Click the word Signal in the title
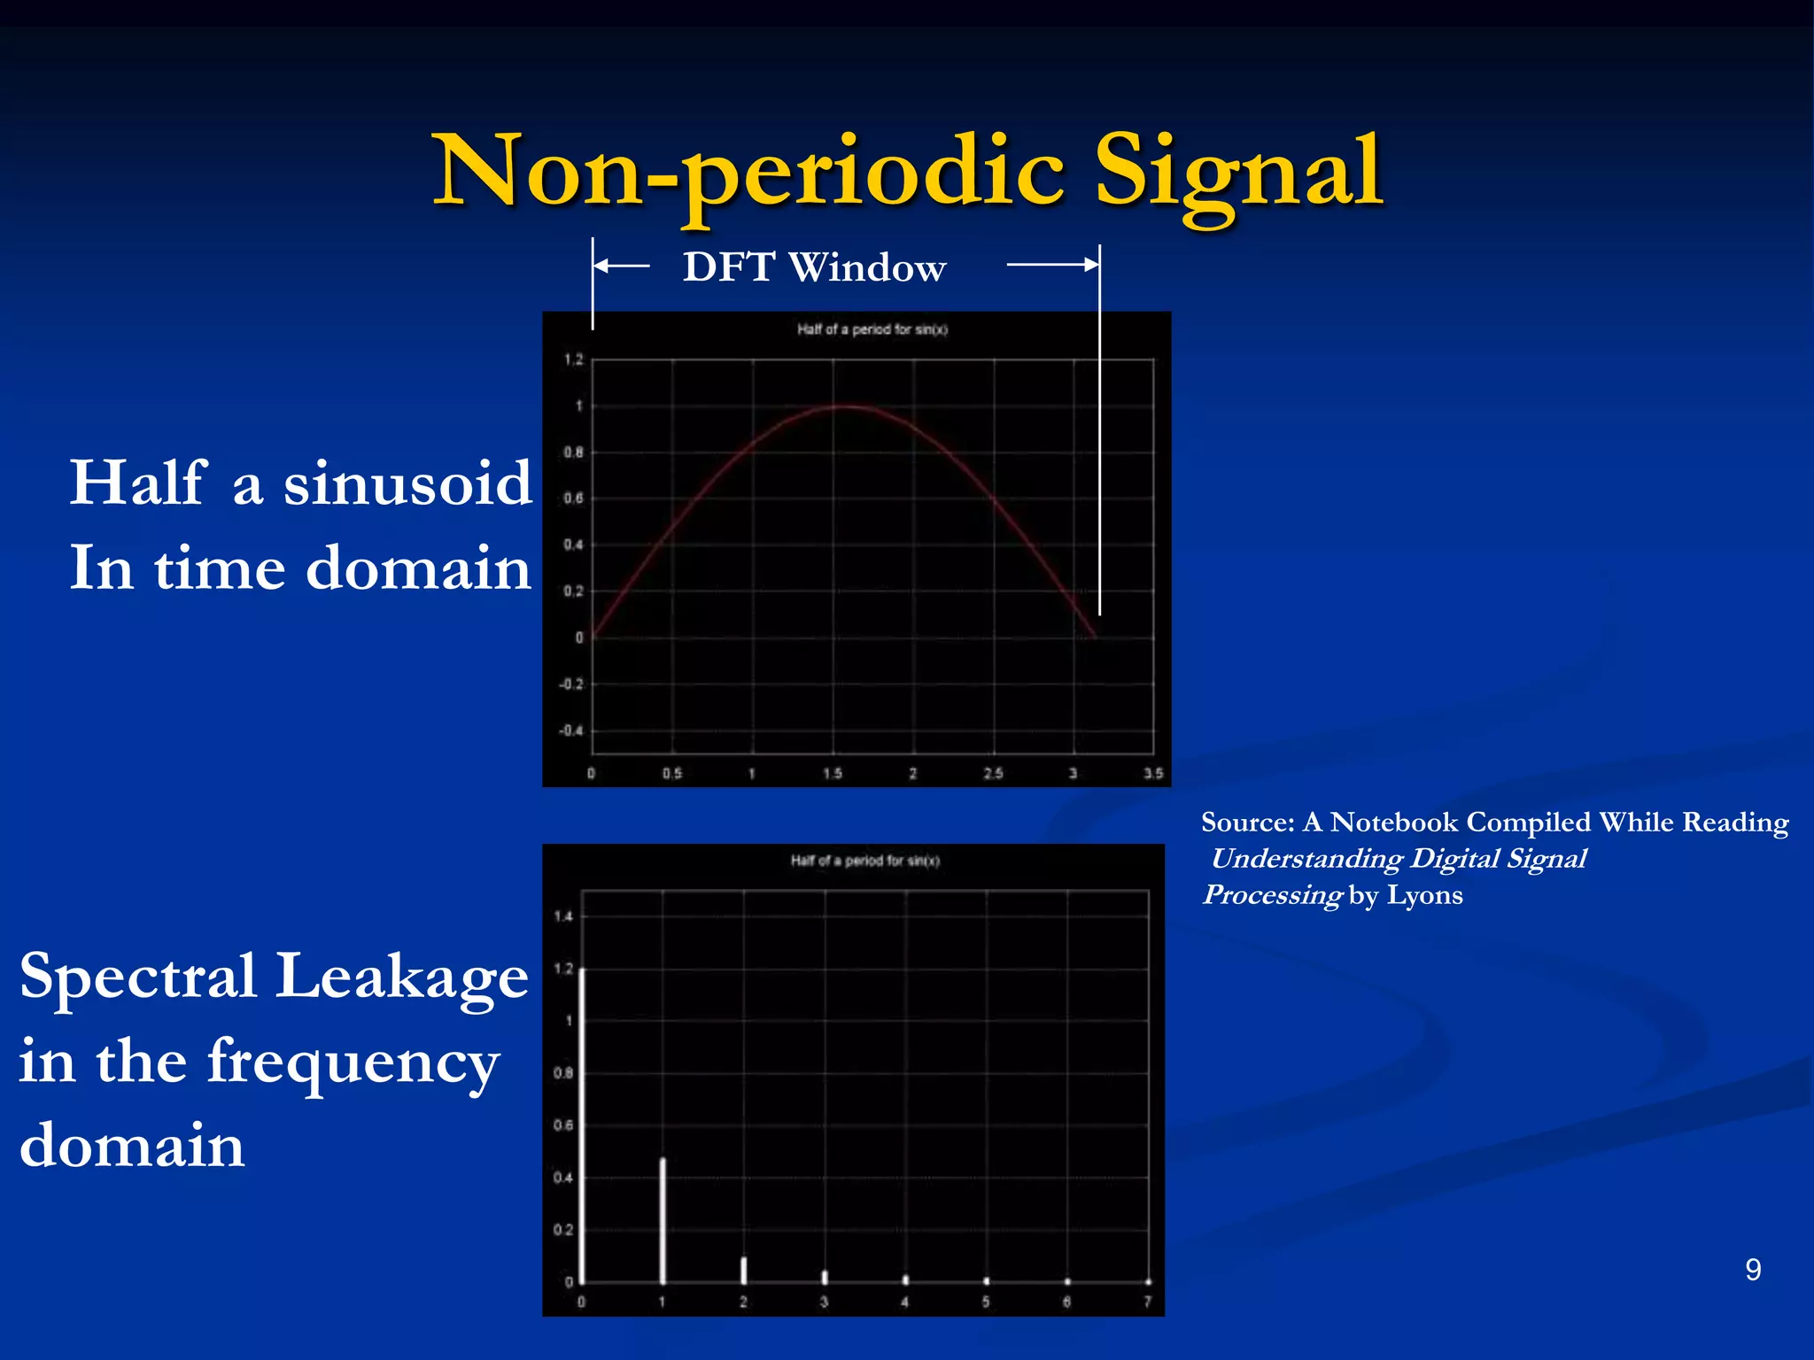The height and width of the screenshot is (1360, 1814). point(1238,173)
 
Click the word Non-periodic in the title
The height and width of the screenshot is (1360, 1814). point(748,173)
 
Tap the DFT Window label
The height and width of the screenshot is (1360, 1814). point(814,267)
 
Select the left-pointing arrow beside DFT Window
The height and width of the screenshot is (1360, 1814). point(621,265)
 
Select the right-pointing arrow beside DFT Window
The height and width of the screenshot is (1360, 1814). point(1053,264)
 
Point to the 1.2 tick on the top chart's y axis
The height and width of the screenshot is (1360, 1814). point(574,359)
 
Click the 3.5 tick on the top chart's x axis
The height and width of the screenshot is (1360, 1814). point(1152,773)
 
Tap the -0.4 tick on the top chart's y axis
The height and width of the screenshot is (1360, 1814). point(571,730)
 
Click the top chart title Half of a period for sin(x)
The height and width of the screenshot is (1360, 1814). point(872,329)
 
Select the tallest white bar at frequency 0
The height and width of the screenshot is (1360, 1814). point(582,1124)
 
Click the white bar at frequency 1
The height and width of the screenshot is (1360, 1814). point(663,1220)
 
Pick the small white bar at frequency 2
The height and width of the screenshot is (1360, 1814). point(743,1270)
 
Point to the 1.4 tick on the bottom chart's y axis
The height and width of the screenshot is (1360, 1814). point(563,916)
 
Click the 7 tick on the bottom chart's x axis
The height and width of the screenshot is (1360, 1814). point(1147,1302)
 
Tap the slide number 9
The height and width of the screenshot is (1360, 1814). point(1752,1270)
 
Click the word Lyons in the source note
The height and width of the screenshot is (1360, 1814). point(1424,895)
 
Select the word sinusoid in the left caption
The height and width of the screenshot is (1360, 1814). point(407,484)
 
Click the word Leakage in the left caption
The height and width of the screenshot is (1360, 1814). point(402,977)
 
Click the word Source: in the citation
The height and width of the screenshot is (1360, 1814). point(1247,823)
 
